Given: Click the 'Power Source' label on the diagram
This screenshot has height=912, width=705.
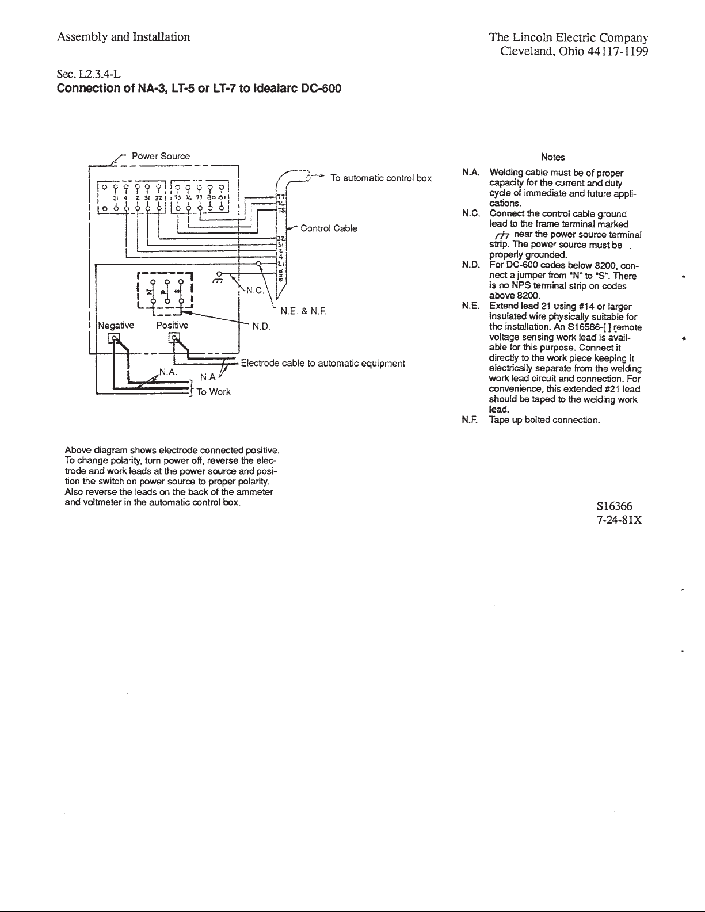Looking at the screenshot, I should coord(161,156).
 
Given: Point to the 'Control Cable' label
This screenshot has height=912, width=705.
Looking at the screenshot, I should coord(329,228).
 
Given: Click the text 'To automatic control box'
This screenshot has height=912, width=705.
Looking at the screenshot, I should coord(381,178).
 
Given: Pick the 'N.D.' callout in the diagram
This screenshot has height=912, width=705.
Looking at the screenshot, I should coord(262,327).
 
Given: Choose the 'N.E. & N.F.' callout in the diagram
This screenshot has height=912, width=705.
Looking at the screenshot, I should coord(303,312).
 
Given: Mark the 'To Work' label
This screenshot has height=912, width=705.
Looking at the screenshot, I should coord(214,392).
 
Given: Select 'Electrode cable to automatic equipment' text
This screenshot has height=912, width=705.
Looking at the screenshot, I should coord(323,363).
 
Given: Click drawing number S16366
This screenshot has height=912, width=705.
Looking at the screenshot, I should coord(615,506).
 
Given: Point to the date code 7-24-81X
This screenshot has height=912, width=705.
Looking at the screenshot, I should coord(619,520).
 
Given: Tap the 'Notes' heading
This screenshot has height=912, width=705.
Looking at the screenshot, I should coord(553,157).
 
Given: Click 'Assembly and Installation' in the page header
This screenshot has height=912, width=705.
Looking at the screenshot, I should coord(123,37).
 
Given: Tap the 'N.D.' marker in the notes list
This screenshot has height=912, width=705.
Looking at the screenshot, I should coord(470,265).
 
